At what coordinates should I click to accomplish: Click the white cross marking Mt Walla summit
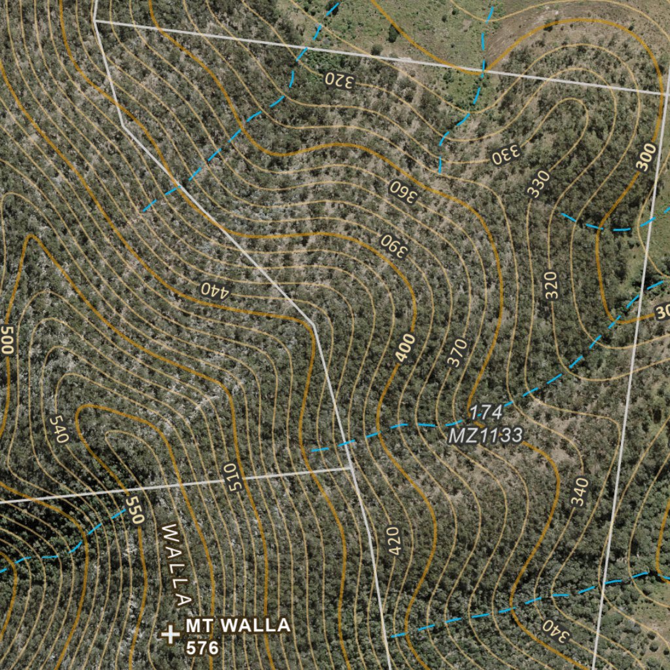pyautogui.click(x=170, y=633)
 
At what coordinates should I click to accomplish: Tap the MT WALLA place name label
pyautogui.click(x=238, y=626)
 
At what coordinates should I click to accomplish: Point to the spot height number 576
pyautogui.click(x=202, y=648)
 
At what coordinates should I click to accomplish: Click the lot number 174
pyautogui.click(x=485, y=412)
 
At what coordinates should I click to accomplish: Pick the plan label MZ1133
pyautogui.click(x=485, y=435)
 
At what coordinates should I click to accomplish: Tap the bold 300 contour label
pyautogui.click(x=646, y=158)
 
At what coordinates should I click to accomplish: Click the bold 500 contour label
pyautogui.click(x=7, y=339)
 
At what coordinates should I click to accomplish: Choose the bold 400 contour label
pyautogui.click(x=406, y=347)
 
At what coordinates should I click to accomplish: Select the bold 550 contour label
pyautogui.click(x=134, y=509)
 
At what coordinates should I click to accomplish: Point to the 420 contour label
pyautogui.click(x=393, y=541)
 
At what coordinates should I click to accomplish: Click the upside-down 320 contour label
pyautogui.click(x=340, y=80)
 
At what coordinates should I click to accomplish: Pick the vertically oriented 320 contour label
pyautogui.click(x=552, y=285)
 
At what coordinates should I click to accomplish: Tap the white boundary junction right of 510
pyautogui.click(x=351, y=468)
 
